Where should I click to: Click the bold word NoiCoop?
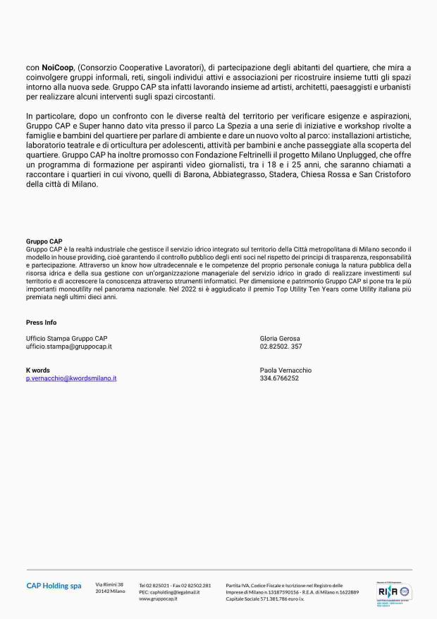click(55, 67)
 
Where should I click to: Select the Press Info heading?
click(41, 322)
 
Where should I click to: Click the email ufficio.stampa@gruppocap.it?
click(69, 347)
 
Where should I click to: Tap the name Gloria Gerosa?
click(280, 339)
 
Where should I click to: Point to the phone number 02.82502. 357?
click(281, 347)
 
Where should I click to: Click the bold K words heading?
click(38, 371)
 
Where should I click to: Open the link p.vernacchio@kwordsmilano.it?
click(71, 378)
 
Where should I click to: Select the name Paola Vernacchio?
click(285, 371)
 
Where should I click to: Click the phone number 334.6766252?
click(279, 378)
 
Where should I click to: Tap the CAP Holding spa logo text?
click(54, 586)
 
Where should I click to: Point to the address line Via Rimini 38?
click(109, 584)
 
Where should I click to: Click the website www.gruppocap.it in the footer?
click(159, 599)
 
